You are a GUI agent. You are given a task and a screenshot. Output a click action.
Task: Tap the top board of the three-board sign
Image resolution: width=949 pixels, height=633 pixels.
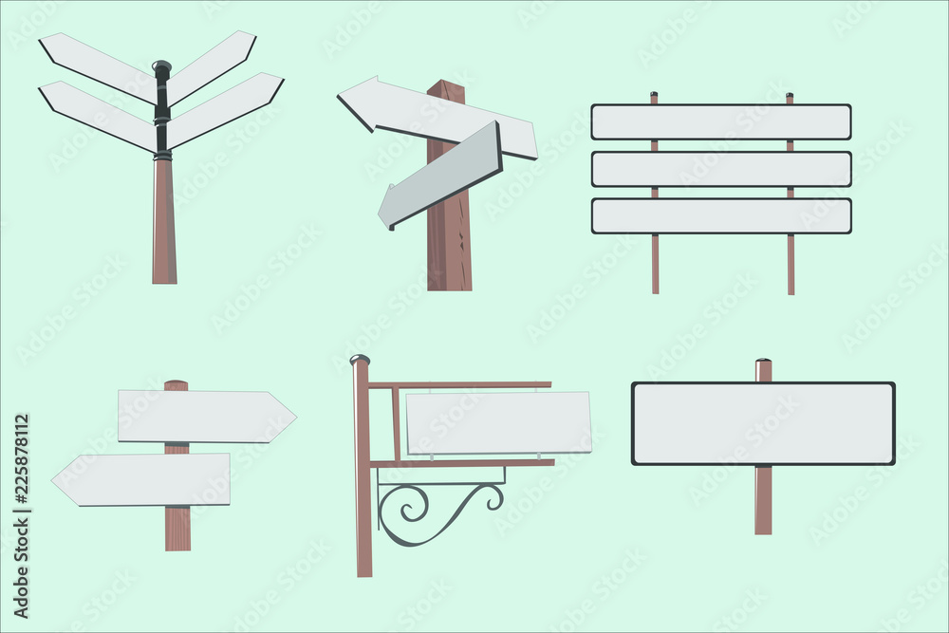[720, 121]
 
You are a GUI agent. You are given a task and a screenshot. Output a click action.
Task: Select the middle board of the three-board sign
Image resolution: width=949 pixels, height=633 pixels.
[720, 169]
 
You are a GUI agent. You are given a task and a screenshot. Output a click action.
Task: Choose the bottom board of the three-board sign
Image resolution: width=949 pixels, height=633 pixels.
[720, 215]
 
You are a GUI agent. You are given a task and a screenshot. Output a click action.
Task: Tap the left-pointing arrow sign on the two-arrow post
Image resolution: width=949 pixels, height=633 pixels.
[142, 479]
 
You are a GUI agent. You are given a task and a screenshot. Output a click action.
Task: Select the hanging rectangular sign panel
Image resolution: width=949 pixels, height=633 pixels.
[498, 422]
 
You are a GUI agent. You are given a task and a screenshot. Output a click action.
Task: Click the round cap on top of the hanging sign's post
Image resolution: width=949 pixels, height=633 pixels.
[360, 360]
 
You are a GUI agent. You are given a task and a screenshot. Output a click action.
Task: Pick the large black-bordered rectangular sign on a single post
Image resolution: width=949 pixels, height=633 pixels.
[763, 423]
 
